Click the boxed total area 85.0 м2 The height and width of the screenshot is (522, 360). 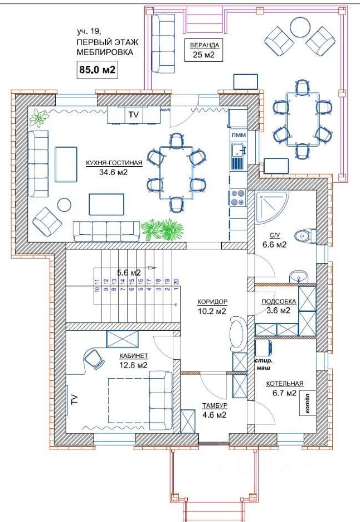pyautogui.click(x=97, y=70)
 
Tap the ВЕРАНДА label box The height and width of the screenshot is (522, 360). pyautogui.click(x=204, y=50)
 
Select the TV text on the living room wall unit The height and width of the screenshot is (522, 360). pyautogui.click(x=133, y=114)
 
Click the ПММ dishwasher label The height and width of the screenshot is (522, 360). pyautogui.click(x=238, y=135)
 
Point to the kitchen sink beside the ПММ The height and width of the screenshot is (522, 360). pyautogui.click(x=238, y=150)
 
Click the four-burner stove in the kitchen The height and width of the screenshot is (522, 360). pyautogui.click(x=238, y=197)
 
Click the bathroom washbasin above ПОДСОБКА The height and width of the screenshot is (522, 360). pyautogui.click(x=299, y=276)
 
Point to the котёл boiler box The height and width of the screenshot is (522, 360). pyautogui.click(x=307, y=404)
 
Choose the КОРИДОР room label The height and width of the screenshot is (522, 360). pyautogui.click(x=212, y=302)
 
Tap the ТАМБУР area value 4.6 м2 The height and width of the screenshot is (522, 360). pyautogui.click(x=215, y=415)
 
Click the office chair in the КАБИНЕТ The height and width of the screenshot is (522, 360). pyautogui.click(x=94, y=359)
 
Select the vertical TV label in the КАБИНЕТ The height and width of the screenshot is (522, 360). pyautogui.click(x=74, y=399)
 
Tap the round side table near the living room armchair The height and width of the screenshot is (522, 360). pyautogui.click(x=64, y=205)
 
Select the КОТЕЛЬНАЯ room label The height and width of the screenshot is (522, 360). pyautogui.click(x=285, y=384)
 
